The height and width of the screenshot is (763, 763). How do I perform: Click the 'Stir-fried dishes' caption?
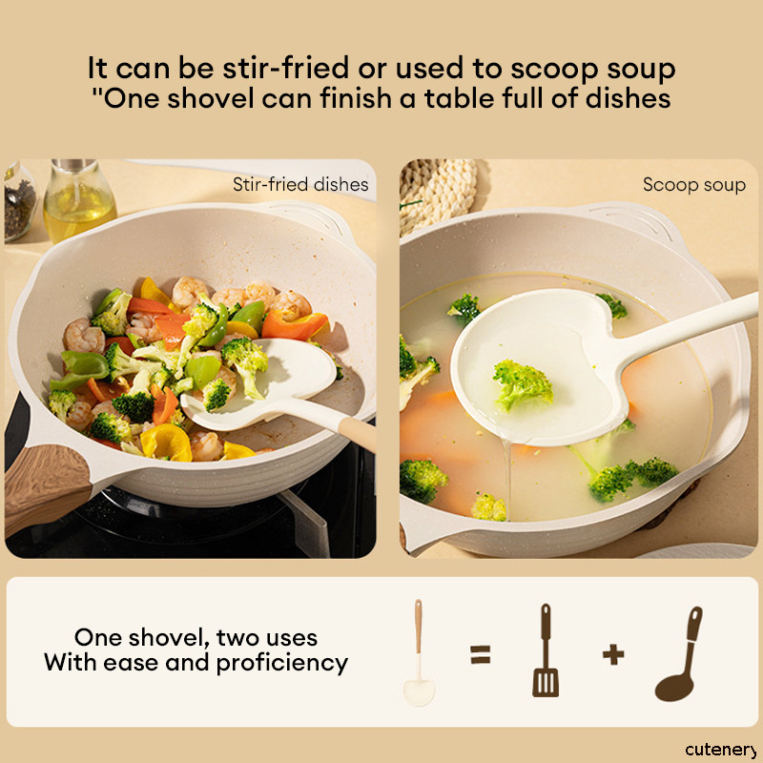pyautogui.click(x=300, y=185)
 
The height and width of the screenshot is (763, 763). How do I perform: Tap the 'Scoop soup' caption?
pyautogui.click(x=694, y=185)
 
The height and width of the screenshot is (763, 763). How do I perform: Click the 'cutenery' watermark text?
pyautogui.click(x=722, y=750)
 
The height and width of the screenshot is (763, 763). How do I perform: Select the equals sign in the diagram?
pyautogui.click(x=481, y=654)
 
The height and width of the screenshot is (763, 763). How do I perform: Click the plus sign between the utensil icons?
pyautogui.click(x=613, y=654)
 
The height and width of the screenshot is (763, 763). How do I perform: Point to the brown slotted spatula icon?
pyautogui.click(x=546, y=650)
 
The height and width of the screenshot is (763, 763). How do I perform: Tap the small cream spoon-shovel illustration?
pyautogui.click(x=419, y=652)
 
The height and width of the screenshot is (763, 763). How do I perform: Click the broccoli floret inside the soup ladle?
pyautogui.click(x=522, y=384)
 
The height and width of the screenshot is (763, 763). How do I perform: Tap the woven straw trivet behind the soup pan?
pyautogui.click(x=438, y=194)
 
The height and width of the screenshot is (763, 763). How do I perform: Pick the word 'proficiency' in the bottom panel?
pyautogui.click(x=281, y=663)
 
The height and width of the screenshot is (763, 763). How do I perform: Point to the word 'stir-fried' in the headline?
pyautogui.click(x=286, y=68)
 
